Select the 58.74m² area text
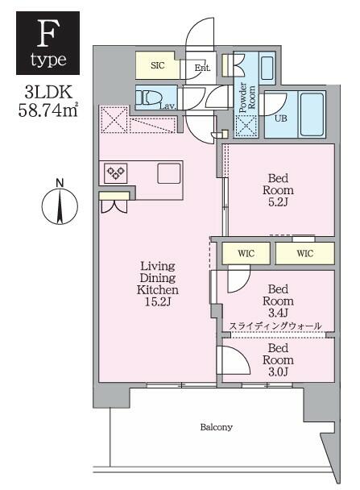coord(48,110)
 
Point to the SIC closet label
coord(158,65)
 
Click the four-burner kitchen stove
coord(115,172)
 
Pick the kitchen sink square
coord(169,173)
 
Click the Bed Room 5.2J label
coord(279,190)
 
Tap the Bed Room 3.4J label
coord(278,299)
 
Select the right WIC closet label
coord(304,253)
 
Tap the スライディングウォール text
coord(275,326)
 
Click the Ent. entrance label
coord(201,68)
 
